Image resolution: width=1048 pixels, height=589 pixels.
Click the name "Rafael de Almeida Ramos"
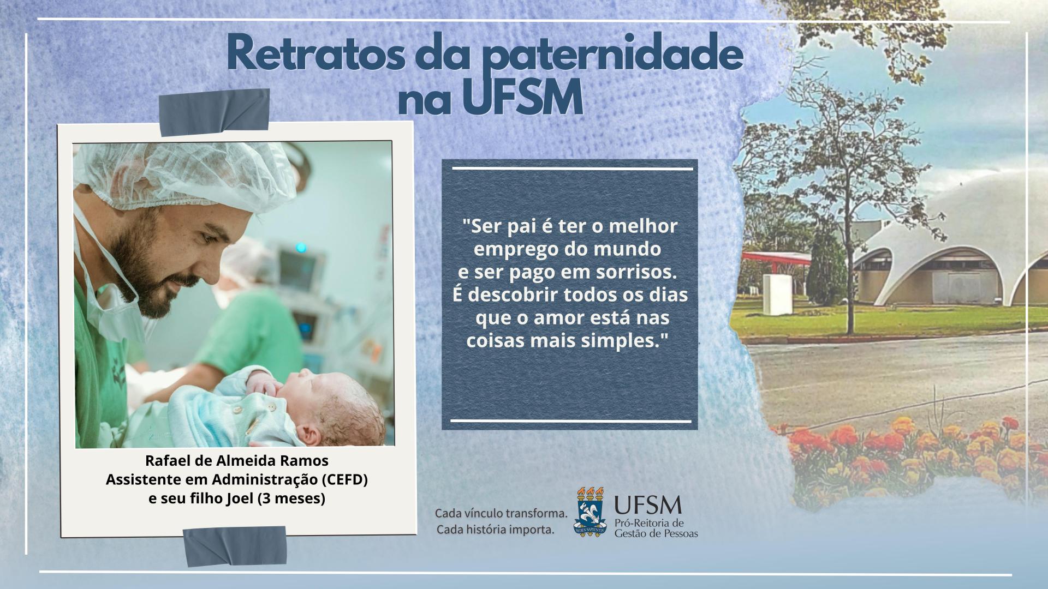237,461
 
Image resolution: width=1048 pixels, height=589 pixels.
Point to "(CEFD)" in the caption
344,480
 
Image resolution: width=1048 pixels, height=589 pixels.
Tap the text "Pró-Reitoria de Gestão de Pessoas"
656,528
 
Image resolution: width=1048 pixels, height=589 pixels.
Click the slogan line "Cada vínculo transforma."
501,514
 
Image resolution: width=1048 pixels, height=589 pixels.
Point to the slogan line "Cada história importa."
496,530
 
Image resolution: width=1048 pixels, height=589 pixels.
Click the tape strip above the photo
214,112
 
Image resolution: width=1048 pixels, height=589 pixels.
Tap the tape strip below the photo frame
235,546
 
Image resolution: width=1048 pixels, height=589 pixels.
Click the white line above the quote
573,169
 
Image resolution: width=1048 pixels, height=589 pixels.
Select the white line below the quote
571,421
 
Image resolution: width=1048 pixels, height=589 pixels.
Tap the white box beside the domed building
777,294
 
